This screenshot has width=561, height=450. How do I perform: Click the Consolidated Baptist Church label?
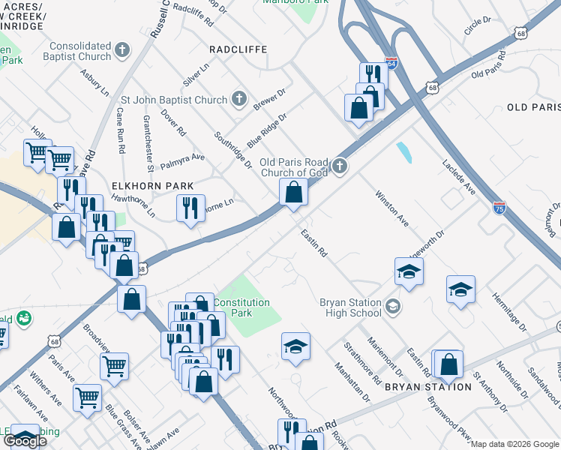(x=81, y=51)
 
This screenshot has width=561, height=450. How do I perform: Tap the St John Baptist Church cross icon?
(x=238, y=98)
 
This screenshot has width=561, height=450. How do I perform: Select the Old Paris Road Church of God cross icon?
(x=340, y=166)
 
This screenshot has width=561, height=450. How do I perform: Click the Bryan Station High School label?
(x=351, y=307)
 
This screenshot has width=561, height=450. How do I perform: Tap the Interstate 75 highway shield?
(x=499, y=206)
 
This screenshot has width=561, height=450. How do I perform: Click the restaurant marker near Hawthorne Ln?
(x=190, y=208)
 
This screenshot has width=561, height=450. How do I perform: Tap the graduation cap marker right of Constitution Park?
(x=295, y=346)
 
